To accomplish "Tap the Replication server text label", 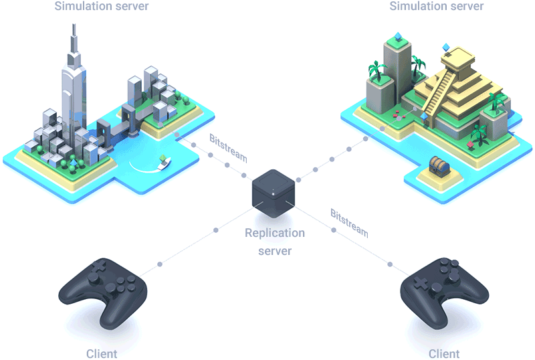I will coord(275,242).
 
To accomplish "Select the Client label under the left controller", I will coord(102,353).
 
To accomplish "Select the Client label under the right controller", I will coord(444,353).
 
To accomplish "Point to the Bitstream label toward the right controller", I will coord(349,223).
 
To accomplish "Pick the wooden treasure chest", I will coord(439,165).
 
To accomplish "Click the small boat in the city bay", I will coord(164,161).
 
